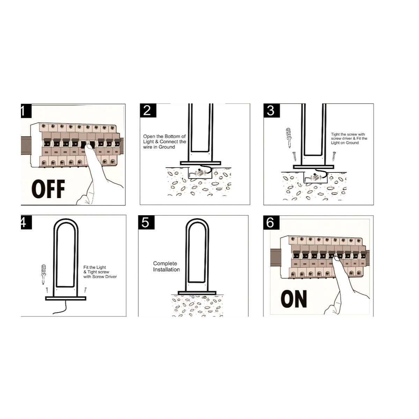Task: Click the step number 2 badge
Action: tap(148, 110)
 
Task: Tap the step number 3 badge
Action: tap(272, 110)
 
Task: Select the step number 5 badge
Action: tap(146, 222)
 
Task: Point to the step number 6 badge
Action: tap(271, 222)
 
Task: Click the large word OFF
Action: tap(48, 189)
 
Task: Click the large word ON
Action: tap(294, 299)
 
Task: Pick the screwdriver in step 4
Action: tap(44, 274)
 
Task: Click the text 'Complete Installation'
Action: tap(166, 266)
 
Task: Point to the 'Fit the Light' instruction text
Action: tap(95, 267)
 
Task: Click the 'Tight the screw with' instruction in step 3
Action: tap(348, 134)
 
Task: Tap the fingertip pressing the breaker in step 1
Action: tap(88, 148)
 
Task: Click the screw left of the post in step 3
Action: tap(295, 156)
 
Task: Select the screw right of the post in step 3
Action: tap(334, 156)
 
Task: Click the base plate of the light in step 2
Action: tap(200, 163)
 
